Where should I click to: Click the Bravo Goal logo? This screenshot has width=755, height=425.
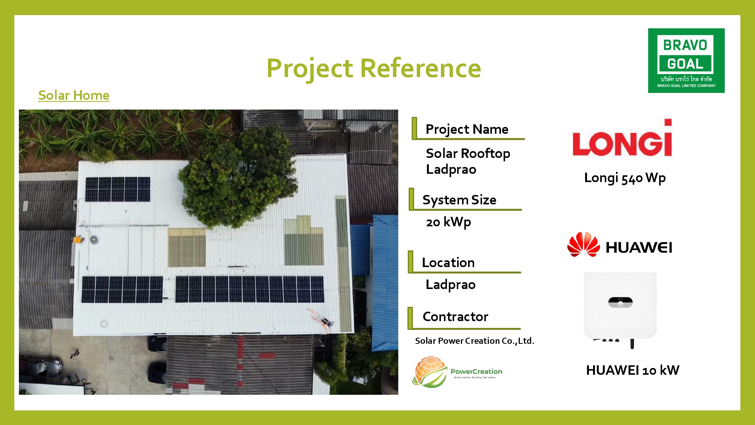686,60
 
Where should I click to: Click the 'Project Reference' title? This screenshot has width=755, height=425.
374,68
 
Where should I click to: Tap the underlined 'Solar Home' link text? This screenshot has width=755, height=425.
74,95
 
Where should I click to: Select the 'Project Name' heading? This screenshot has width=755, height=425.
467,129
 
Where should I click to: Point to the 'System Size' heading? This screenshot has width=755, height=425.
459,200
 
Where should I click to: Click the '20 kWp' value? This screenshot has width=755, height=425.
448,222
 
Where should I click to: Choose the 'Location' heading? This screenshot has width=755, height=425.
448,263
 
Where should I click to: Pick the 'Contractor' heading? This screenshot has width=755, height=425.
455,317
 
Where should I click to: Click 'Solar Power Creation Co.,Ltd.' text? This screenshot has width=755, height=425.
475,341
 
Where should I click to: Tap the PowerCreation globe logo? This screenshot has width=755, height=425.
430,372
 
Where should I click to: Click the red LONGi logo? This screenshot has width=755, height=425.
622,138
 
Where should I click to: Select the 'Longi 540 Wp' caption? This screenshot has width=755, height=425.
625,178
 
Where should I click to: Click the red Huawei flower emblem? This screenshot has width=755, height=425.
583,244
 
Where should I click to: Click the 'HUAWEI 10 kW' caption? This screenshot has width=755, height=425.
633,370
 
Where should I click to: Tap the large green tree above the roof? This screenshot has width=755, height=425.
238,178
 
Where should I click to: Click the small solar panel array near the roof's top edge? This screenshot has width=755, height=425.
117,189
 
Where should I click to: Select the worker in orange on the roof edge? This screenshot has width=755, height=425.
77,239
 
